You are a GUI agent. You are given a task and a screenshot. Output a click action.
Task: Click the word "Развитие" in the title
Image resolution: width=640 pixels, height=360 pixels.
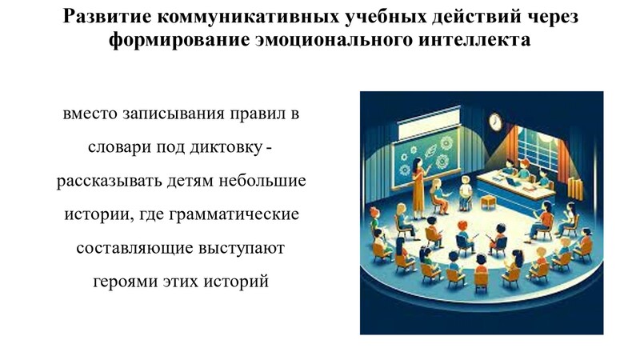[x=107, y=17]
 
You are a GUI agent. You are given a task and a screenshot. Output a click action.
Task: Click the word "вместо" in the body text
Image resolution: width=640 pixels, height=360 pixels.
[x=90, y=114]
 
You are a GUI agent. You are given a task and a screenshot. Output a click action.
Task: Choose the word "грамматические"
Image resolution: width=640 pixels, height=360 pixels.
[x=234, y=214]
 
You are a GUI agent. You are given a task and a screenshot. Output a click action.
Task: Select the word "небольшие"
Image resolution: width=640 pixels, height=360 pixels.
[x=262, y=181]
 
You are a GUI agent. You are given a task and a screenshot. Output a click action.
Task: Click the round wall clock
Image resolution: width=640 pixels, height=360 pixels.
[x=495, y=122]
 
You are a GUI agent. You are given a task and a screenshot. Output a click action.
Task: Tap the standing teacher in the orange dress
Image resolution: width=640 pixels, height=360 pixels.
[x=419, y=188]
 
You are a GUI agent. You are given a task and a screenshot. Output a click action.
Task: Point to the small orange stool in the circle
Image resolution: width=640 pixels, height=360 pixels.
[x=489, y=202]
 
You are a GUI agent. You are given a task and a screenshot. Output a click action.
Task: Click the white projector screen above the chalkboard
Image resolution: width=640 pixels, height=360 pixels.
[x=430, y=123]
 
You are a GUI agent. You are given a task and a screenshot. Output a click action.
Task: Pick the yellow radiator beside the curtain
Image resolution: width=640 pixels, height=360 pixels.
[x=575, y=189]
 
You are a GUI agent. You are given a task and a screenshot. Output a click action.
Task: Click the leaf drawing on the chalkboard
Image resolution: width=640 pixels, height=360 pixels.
[x=430, y=153]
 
